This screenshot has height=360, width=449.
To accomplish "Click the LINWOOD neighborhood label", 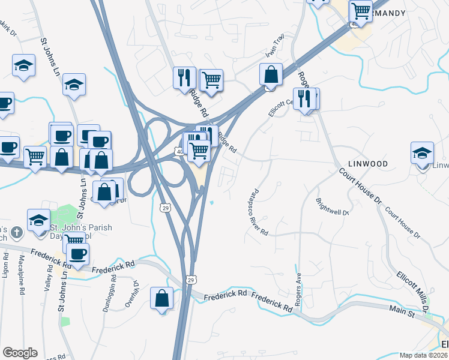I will click(368, 164).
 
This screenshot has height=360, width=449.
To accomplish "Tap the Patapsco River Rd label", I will click(257, 214).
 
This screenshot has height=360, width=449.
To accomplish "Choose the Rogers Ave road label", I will click(298, 287).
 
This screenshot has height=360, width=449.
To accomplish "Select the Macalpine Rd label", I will click(22, 275).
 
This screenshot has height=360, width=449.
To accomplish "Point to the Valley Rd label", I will click(48, 278).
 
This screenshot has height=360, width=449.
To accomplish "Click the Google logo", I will click(20, 353).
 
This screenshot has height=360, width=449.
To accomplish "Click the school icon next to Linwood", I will click(423, 153).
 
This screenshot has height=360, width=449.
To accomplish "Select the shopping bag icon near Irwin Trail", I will click(271, 75).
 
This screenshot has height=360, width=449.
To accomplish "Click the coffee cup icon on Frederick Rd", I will click(77, 254).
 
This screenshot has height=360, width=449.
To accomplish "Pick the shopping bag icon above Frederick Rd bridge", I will click(162, 298).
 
